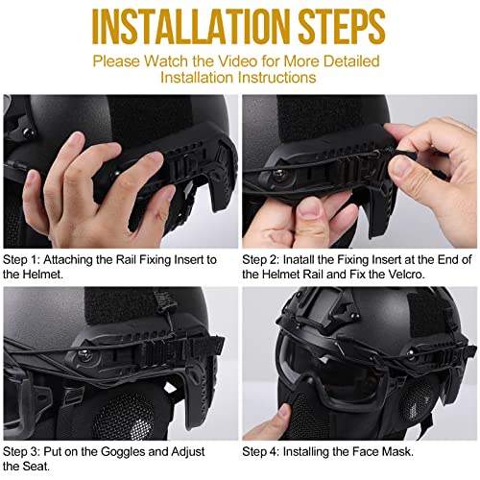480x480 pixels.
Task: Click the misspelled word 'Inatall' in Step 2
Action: pos(311,259)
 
